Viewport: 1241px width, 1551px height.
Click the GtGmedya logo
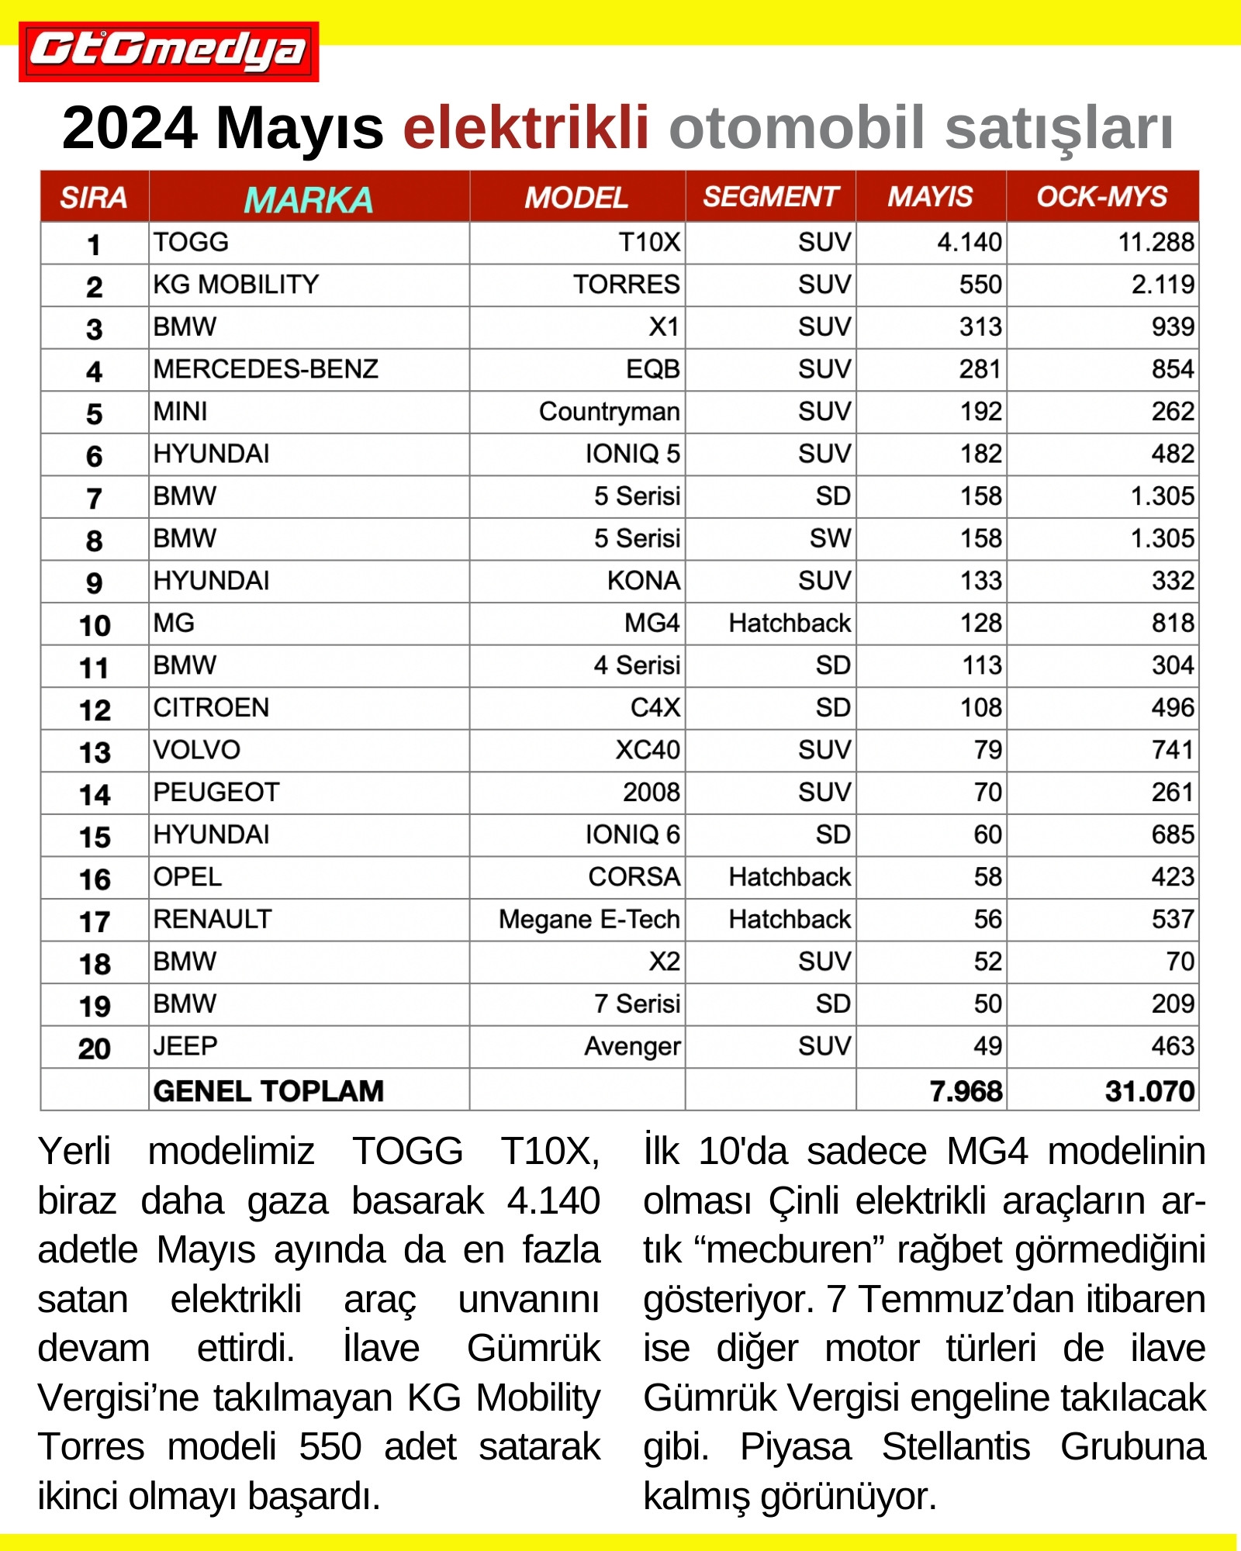click(168, 51)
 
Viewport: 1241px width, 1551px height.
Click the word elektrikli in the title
click(525, 128)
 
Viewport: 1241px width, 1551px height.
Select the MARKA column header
click(308, 199)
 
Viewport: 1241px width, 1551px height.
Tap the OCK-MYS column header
click(1101, 197)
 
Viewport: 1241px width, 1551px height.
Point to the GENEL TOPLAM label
click(268, 1091)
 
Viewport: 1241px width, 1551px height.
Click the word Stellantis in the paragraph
click(956, 1447)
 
